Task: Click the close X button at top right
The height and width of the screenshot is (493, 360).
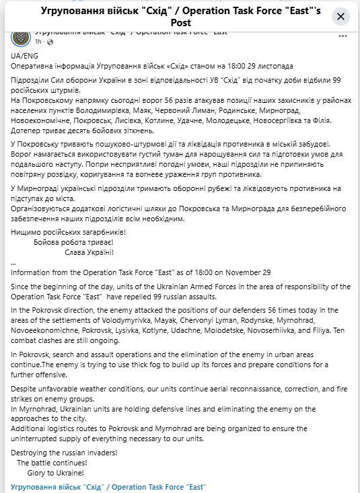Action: (x=341, y=16)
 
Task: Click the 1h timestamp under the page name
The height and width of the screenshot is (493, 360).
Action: (x=38, y=42)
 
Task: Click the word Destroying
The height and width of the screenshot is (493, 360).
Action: (x=31, y=453)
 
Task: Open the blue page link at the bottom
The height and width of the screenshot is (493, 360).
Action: (x=108, y=486)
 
